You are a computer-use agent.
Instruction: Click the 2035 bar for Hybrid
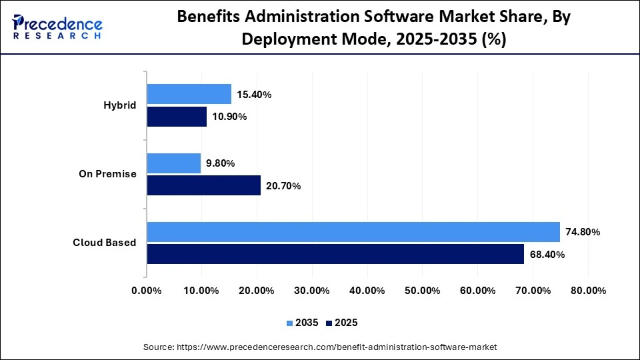tap(189, 94)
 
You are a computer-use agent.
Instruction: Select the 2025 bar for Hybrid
tap(177, 117)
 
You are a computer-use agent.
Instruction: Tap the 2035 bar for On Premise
tap(173, 163)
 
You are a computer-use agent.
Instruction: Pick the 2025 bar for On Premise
tap(203, 185)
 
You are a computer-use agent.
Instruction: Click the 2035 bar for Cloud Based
tap(353, 232)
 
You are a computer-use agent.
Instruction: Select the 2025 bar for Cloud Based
tap(335, 254)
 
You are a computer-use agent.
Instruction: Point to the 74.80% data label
tap(583, 232)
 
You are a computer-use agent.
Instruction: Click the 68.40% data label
tap(547, 255)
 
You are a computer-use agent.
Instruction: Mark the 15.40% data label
tap(254, 95)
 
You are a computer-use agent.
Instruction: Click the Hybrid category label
tap(120, 105)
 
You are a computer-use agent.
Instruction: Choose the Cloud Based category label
tap(105, 243)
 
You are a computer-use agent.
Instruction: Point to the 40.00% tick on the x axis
tap(367, 291)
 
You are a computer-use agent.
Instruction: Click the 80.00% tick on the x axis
tap(587, 291)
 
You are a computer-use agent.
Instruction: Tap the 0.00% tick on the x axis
tap(147, 291)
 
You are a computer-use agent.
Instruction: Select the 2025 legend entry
tap(341, 323)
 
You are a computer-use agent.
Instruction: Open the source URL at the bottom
tap(320, 347)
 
